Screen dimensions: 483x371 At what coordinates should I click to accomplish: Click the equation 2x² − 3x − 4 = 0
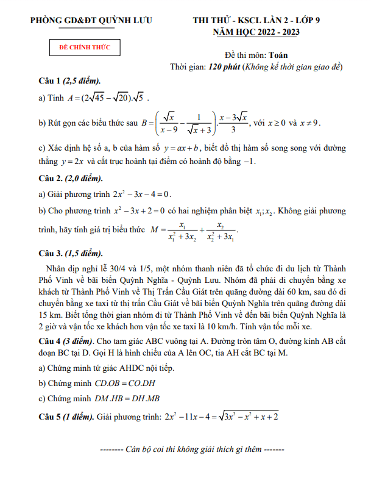142,195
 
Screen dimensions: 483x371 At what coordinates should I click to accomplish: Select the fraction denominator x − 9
169,130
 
